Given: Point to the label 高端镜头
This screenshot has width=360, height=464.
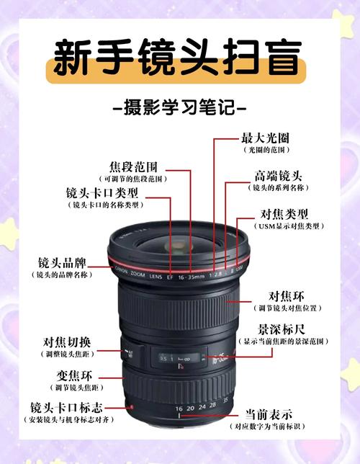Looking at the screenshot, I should click(x=278, y=176).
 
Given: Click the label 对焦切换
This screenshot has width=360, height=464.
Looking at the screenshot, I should click(x=66, y=342).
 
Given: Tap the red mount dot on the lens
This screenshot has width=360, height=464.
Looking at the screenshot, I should click(x=130, y=408).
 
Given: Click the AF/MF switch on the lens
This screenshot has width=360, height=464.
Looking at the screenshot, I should click(x=130, y=353).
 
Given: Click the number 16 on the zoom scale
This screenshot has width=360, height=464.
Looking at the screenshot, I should click(x=179, y=409).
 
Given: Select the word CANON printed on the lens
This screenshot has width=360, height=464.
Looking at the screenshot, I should click(x=122, y=271).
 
